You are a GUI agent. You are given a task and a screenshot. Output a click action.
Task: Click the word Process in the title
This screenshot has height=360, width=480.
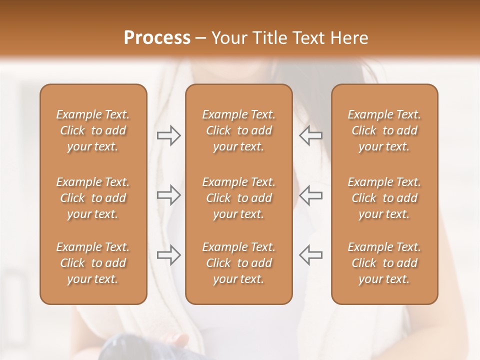[x=157, y=38]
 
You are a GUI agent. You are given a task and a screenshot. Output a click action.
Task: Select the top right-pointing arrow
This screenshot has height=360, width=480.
[x=168, y=135]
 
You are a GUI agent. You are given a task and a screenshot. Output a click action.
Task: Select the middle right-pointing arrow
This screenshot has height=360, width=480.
[x=168, y=195]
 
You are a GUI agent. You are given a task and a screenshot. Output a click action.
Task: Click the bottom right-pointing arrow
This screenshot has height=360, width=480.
[x=168, y=255]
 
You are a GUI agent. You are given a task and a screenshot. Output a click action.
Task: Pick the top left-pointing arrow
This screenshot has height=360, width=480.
[x=310, y=135]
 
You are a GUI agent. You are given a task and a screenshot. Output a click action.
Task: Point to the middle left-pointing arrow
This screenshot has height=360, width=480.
[x=310, y=195]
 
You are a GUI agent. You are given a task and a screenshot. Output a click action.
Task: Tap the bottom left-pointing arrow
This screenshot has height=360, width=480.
[x=310, y=255]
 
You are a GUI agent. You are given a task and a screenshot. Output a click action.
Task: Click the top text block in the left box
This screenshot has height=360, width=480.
[x=93, y=130]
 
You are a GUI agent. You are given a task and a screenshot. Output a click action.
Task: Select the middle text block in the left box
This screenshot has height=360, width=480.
[x=93, y=198]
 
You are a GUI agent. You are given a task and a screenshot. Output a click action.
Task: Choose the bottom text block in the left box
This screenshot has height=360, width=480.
[x=93, y=263]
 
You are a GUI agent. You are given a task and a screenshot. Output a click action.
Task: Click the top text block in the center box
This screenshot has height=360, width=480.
[x=238, y=130]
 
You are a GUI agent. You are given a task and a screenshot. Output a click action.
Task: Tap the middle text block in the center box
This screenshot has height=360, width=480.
[x=238, y=198]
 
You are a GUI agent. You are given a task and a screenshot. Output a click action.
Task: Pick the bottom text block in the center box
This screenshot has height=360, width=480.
[x=238, y=263]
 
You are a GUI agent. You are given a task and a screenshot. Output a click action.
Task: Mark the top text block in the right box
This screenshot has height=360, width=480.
[x=384, y=130]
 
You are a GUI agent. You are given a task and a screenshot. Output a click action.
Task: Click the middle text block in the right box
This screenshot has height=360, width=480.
[x=384, y=198]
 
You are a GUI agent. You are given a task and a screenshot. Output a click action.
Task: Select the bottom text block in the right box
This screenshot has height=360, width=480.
[x=384, y=263]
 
